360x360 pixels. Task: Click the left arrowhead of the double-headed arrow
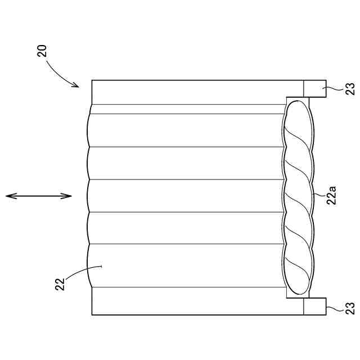[x=8, y=196]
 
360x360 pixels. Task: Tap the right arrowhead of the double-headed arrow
[x=69, y=196]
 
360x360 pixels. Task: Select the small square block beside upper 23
[x=314, y=89]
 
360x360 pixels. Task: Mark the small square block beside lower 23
[x=314, y=306]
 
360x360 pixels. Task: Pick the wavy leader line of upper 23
[x=334, y=88]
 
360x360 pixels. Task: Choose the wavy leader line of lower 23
[x=334, y=307]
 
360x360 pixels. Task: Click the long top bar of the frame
[x=197, y=92]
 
